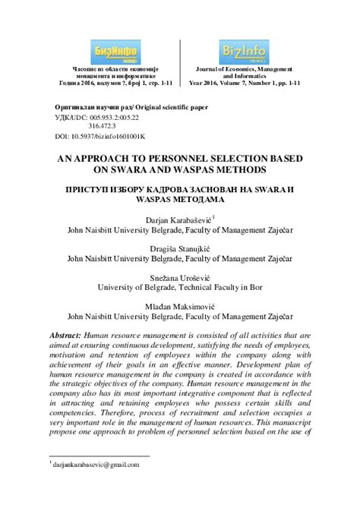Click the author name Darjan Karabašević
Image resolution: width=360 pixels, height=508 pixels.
point(178,220)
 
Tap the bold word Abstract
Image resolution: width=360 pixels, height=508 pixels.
point(65,336)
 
